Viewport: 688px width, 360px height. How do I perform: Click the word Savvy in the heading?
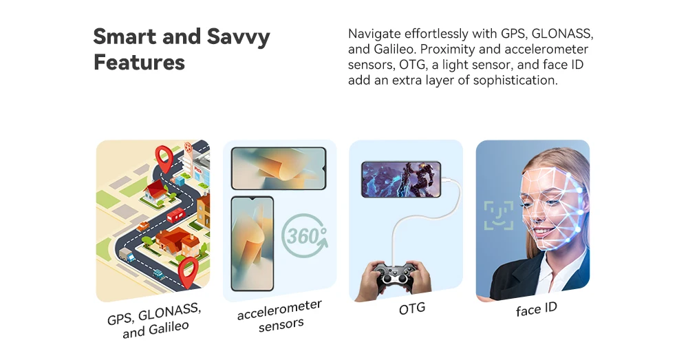pyautogui.click(x=238, y=37)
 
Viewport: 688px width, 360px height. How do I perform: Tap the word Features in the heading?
pyautogui.click(x=139, y=62)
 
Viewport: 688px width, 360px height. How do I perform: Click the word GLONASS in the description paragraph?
pyautogui.click(x=562, y=34)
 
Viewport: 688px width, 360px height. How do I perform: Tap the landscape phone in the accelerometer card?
pyautogui.click(x=279, y=169)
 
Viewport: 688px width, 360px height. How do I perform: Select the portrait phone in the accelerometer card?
pyautogui.click(x=252, y=244)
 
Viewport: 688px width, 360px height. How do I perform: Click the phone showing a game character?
pyautogui.click(x=401, y=179)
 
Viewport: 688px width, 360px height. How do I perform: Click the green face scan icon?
pyautogui.click(x=499, y=215)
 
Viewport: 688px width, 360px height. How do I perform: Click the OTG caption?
pyautogui.click(x=412, y=308)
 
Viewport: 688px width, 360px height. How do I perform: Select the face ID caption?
pyautogui.click(x=536, y=309)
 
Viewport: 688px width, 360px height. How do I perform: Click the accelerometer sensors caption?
pyautogui.click(x=280, y=316)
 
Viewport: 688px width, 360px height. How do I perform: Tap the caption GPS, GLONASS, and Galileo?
pyautogui.click(x=154, y=321)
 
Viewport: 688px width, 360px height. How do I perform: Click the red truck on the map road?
pyautogui.click(x=175, y=215)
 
